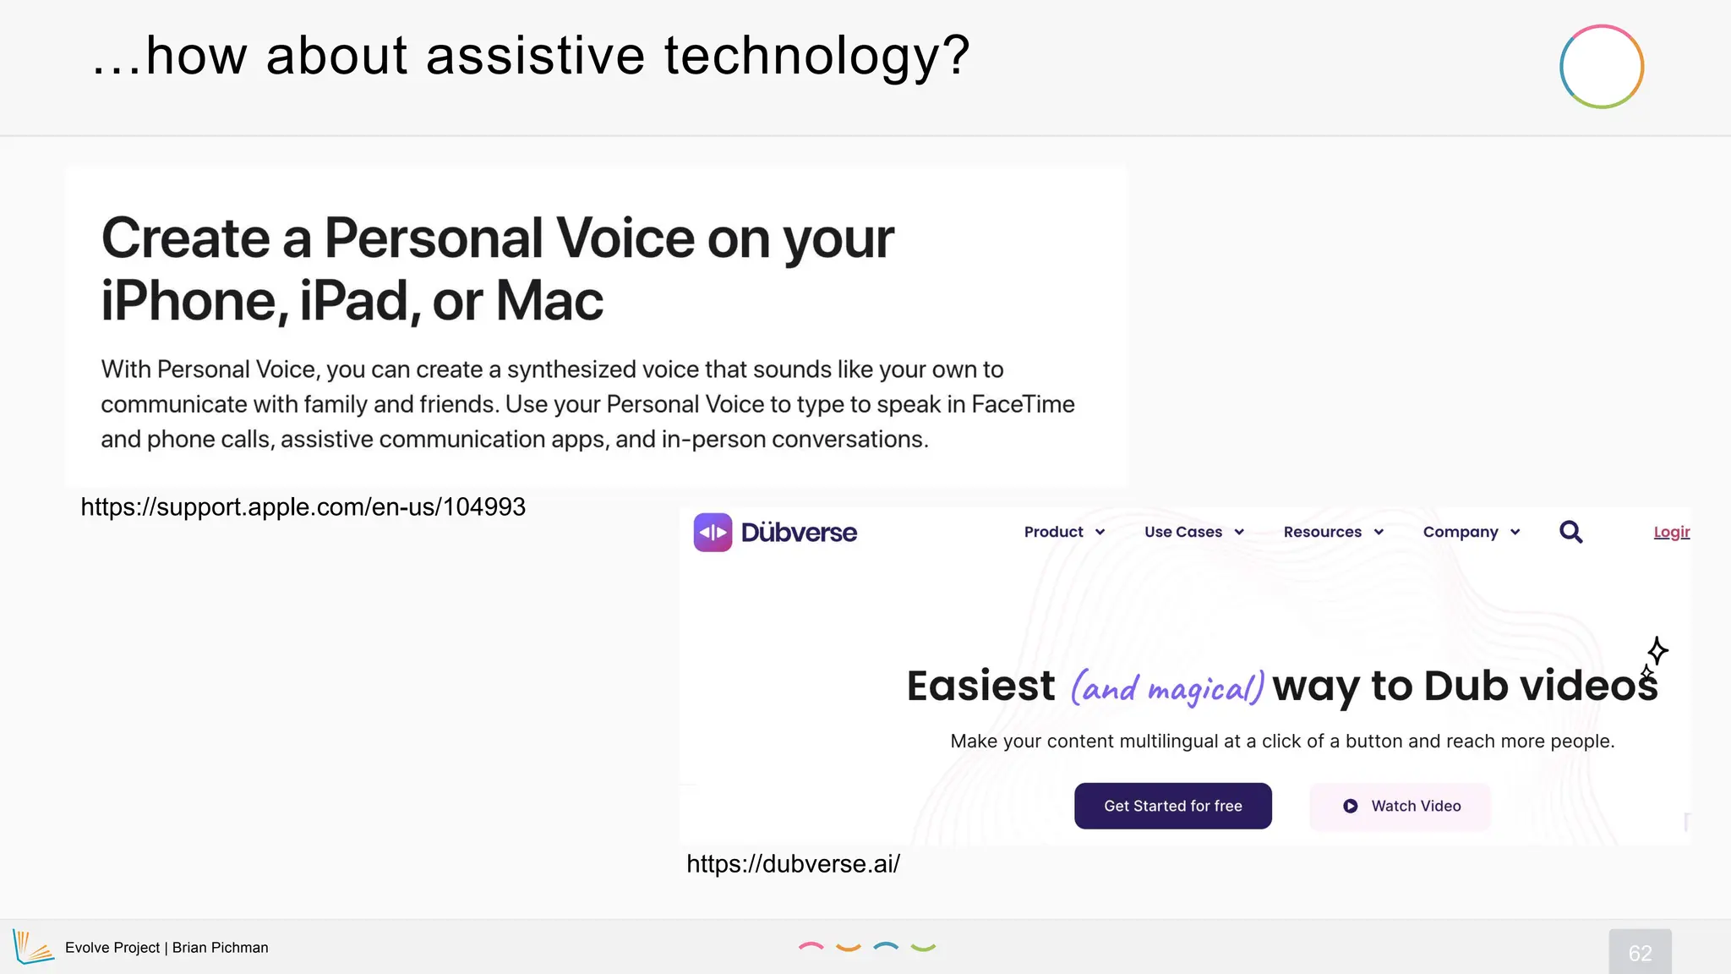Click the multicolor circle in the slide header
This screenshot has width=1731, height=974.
click(1601, 67)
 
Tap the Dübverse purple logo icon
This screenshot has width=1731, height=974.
click(713, 533)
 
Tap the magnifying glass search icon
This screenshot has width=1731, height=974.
click(1570, 532)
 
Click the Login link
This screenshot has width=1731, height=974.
click(1671, 532)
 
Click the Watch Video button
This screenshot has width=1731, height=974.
click(1400, 806)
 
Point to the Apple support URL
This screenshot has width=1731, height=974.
click(303, 506)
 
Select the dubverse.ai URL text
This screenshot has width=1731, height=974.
click(793, 863)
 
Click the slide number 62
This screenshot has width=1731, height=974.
click(1640, 953)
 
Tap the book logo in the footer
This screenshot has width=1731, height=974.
click(33, 947)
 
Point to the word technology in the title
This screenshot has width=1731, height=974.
click(816, 56)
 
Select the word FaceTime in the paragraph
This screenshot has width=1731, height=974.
click(1023, 404)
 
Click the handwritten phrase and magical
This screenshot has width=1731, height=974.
click(1167, 687)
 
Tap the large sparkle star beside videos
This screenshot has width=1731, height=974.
click(1657, 650)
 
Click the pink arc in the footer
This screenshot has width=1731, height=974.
click(811, 946)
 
